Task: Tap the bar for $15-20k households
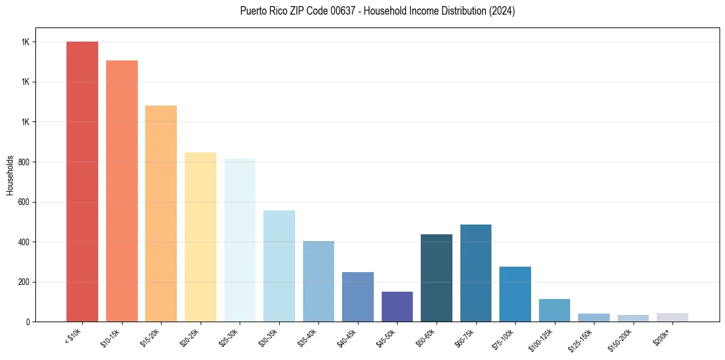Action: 161,214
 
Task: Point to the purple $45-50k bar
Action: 397,307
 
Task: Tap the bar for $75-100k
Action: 515,294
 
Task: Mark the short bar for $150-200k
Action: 633,318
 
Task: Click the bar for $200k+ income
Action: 673,317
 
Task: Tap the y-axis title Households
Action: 10,175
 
